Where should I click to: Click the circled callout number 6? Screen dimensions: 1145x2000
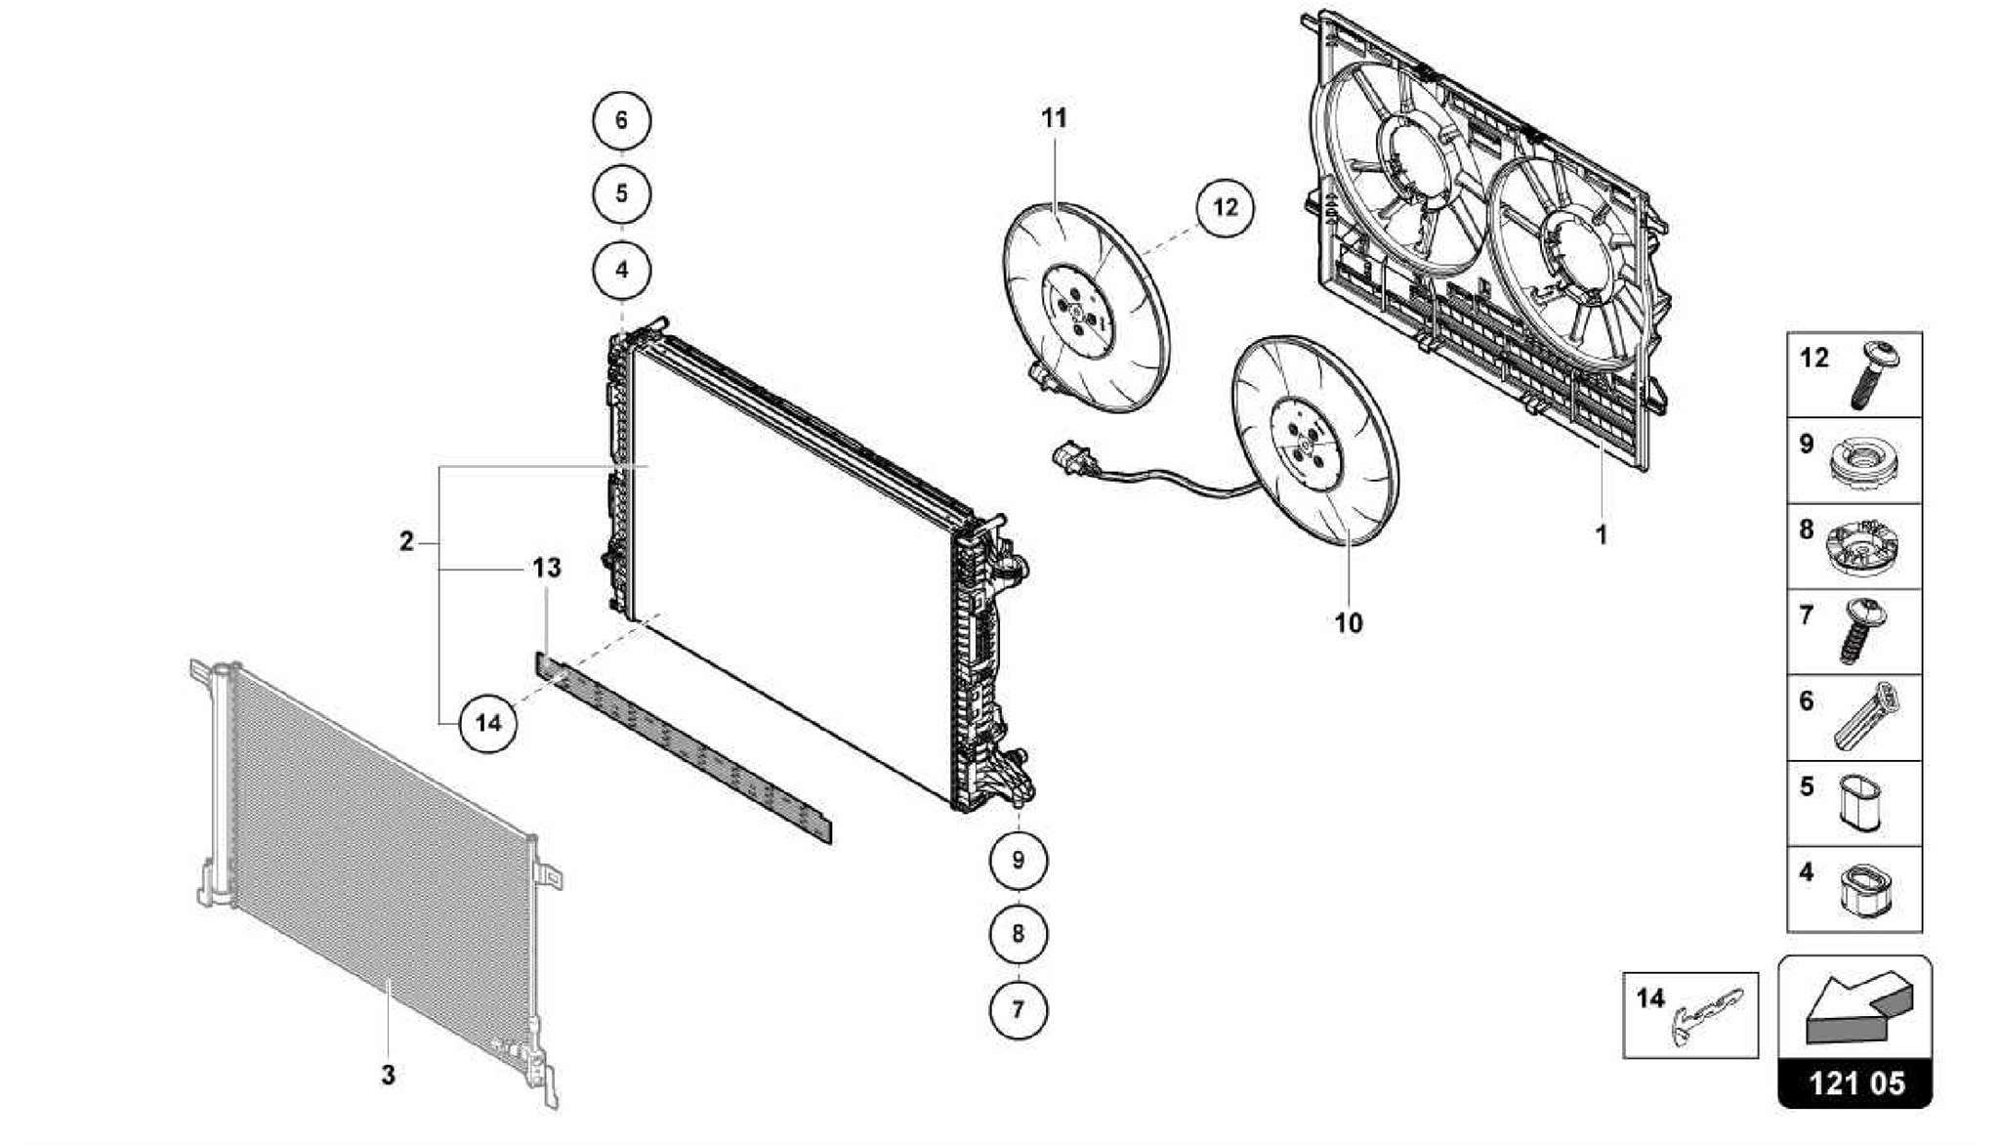(622, 121)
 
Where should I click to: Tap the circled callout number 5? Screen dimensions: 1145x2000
(622, 193)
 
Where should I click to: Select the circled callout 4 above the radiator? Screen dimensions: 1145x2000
(622, 271)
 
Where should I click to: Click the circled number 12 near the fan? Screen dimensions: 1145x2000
(1225, 207)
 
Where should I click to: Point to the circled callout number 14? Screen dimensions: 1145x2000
(487, 723)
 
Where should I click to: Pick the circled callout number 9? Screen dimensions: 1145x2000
(1018, 860)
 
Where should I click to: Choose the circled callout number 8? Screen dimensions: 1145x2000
(1018, 934)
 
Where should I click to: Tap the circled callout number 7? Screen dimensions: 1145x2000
(1018, 1009)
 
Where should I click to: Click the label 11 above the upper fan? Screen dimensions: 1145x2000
(1054, 118)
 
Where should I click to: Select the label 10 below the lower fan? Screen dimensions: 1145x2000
(1349, 622)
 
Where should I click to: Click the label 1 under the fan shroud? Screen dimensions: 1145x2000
(1601, 535)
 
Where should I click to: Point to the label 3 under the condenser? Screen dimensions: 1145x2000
(388, 1075)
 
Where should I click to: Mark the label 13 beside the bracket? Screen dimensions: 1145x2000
(547, 568)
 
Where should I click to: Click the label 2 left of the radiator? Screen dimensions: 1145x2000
(407, 541)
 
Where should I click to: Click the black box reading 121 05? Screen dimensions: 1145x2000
(1854, 1083)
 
